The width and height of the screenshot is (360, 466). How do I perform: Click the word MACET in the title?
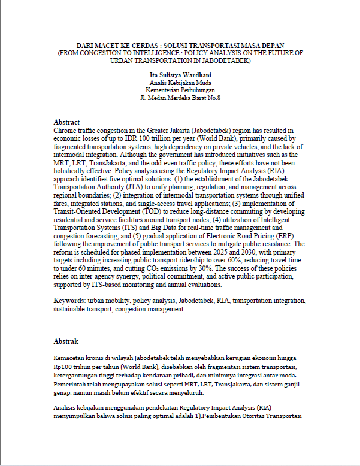108,46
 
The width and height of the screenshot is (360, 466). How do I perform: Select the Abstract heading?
66,122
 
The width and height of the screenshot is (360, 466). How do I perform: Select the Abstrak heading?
66,341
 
